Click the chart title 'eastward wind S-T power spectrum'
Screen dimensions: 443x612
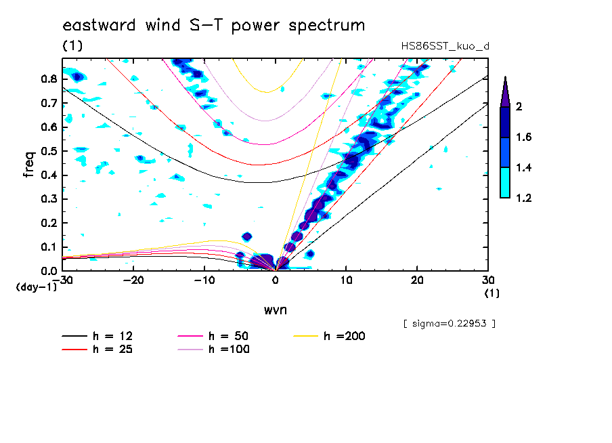[x=214, y=26]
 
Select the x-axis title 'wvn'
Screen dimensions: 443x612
[x=275, y=310]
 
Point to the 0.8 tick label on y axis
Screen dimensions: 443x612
[x=47, y=79]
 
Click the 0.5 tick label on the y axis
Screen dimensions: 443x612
[x=47, y=151]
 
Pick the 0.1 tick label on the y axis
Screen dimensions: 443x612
[x=47, y=247]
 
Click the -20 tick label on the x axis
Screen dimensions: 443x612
[x=134, y=280]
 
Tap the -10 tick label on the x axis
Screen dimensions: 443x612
[x=204, y=280]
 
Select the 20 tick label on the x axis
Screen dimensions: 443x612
[x=417, y=280]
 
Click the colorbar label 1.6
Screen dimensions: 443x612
[x=524, y=138]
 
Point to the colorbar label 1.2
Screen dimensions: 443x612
[x=524, y=198]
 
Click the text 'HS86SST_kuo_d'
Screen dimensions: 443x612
[x=444, y=46]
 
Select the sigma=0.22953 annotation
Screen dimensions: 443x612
[x=449, y=323]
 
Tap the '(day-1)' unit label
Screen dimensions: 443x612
[x=36, y=287]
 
